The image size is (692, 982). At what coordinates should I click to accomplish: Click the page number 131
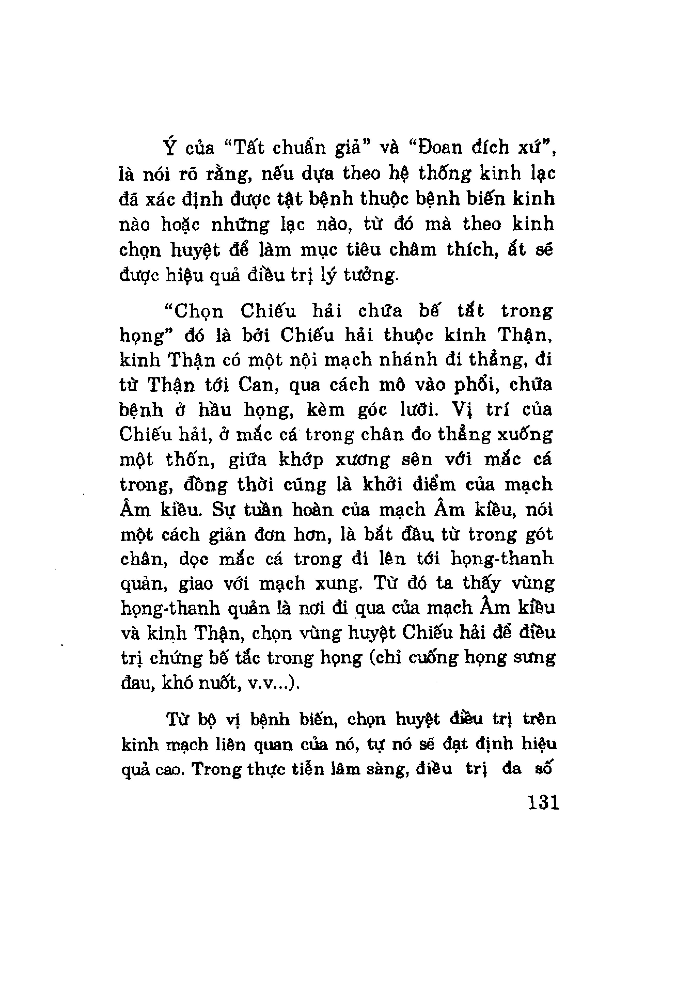[x=544, y=802]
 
